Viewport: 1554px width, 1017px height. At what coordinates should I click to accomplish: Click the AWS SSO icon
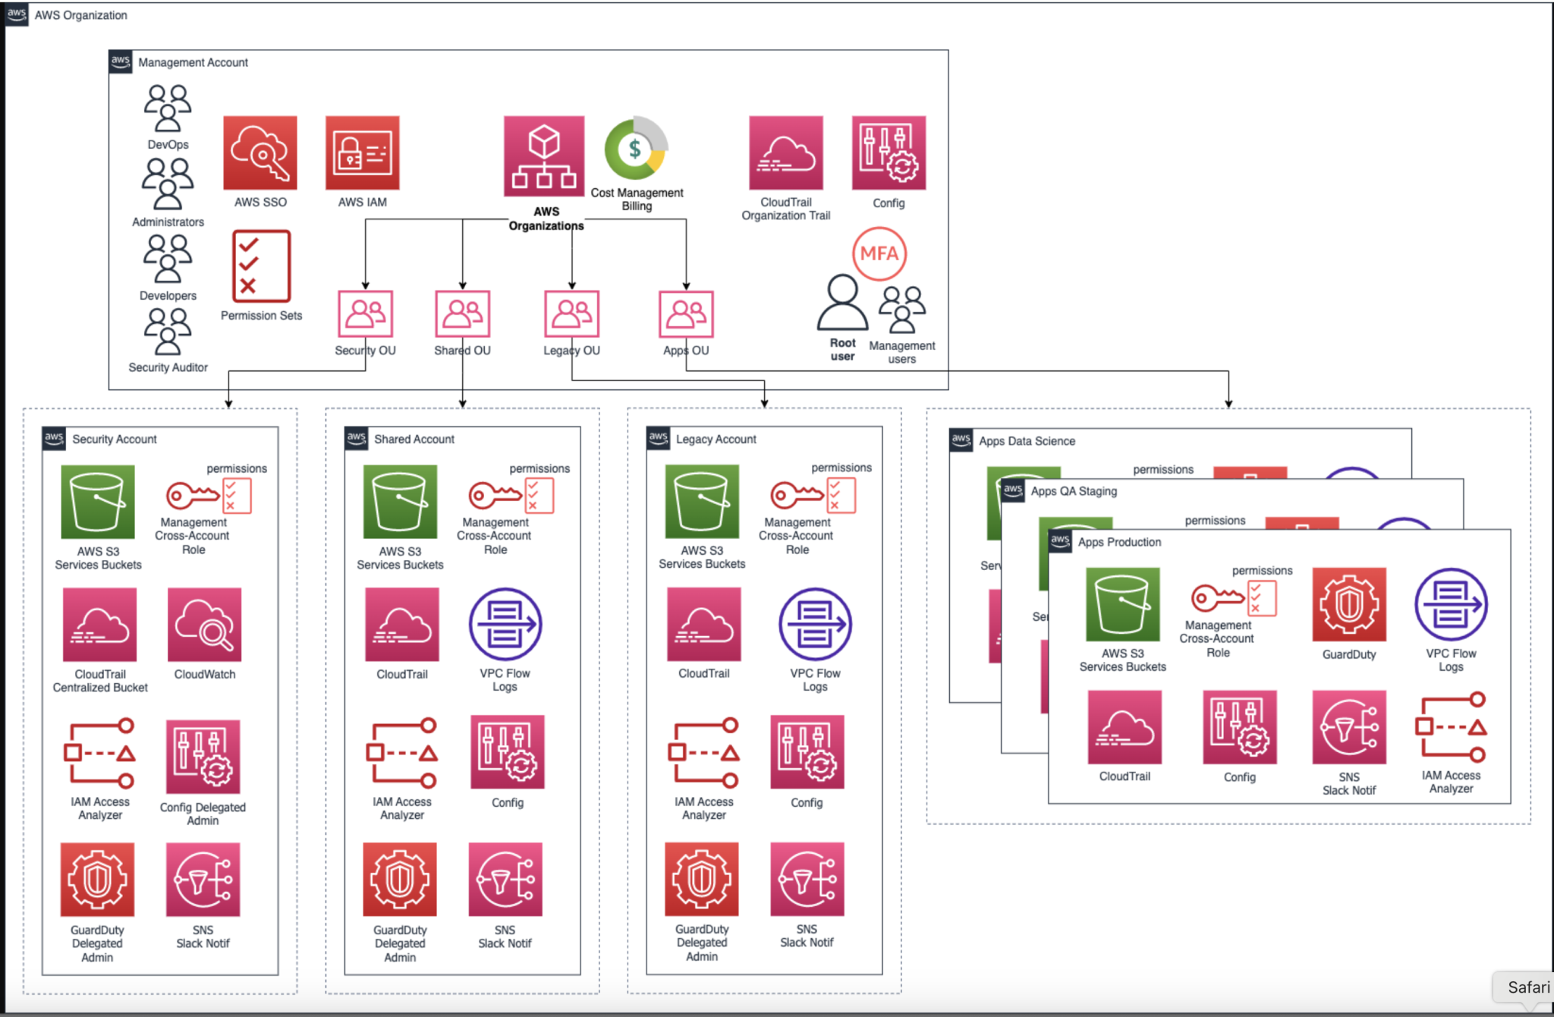260,153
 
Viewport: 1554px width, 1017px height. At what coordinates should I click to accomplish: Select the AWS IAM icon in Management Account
362,153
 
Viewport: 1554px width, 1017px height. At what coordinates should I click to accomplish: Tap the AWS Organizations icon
544,156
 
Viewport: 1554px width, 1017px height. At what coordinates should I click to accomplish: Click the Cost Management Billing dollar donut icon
636,148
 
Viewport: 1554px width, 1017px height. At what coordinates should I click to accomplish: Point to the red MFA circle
879,253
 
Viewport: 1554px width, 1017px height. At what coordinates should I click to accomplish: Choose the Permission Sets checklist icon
261,266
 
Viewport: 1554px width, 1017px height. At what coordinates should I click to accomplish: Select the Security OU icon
365,313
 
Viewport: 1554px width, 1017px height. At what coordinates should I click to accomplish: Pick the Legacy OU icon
571,313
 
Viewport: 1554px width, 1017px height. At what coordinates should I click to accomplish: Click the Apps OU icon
686,313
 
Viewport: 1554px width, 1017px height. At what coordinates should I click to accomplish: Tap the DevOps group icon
168,109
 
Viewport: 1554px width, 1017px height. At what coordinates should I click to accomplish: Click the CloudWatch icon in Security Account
204,624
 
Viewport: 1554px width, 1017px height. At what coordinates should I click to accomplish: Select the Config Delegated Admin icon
203,757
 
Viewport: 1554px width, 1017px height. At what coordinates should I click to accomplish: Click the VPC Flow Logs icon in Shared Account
505,624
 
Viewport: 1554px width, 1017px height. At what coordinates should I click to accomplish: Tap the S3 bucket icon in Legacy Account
702,501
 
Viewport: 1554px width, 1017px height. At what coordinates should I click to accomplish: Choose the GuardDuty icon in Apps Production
1349,604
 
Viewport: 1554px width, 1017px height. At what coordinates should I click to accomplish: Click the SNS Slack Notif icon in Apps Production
1349,727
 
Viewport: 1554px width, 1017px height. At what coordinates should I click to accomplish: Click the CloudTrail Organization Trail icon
785,153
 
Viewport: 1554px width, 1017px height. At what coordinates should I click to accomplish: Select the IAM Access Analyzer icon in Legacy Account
703,752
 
